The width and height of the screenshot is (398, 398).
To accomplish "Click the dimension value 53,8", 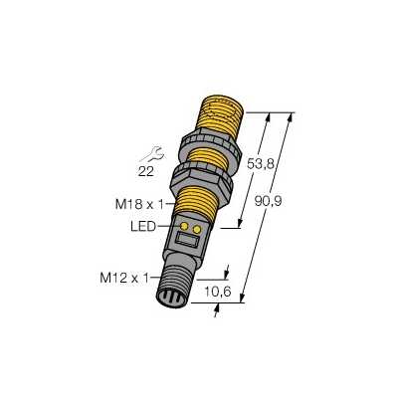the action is (x=261, y=164).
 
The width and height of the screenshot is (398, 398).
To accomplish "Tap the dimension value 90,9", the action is (x=268, y=201).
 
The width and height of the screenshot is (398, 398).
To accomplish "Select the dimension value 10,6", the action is (x=218, y=292).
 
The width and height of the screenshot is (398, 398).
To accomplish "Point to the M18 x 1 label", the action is (x=139, y=204).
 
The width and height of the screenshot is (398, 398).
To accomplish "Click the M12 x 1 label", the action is (x=124, y=278).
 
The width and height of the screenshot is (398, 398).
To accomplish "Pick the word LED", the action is (x=143, y=227).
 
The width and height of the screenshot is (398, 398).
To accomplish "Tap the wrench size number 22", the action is (x=145, y=171).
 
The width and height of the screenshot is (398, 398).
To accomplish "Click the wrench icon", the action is (x=151, y=153).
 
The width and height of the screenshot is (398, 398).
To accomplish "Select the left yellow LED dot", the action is (x=184, y=227).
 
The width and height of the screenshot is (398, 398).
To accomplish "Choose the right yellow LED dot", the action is (x=197, y=229).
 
